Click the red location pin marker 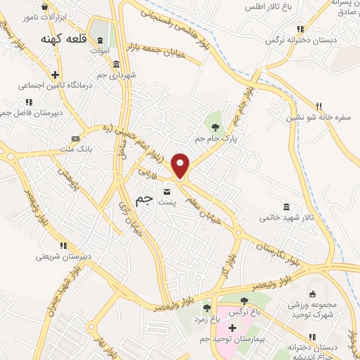[x=181, y=165]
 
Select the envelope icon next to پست [x=167, y=192]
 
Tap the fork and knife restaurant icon [x=319, y=106]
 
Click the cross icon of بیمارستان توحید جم [x=232, y=328]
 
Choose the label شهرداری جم [x=117, y=74]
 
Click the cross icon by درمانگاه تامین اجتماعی [x=55, y=74]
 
